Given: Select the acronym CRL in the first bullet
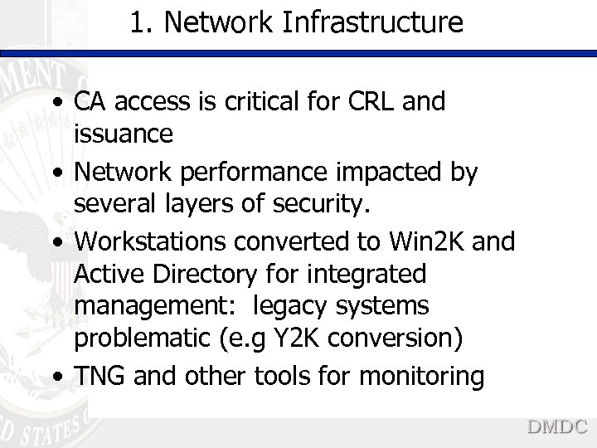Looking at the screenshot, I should point(365,102).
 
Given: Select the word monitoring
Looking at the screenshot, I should point(422,377).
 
